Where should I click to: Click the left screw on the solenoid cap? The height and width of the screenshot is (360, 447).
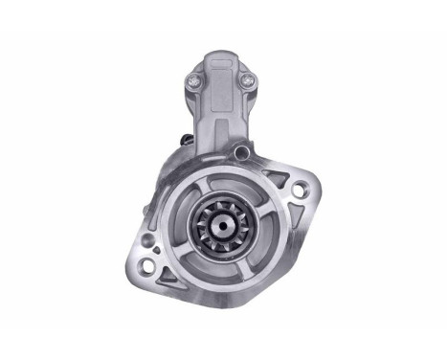[x=196, y=82]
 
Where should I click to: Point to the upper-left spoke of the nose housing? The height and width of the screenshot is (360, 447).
[x=190, y=196]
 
